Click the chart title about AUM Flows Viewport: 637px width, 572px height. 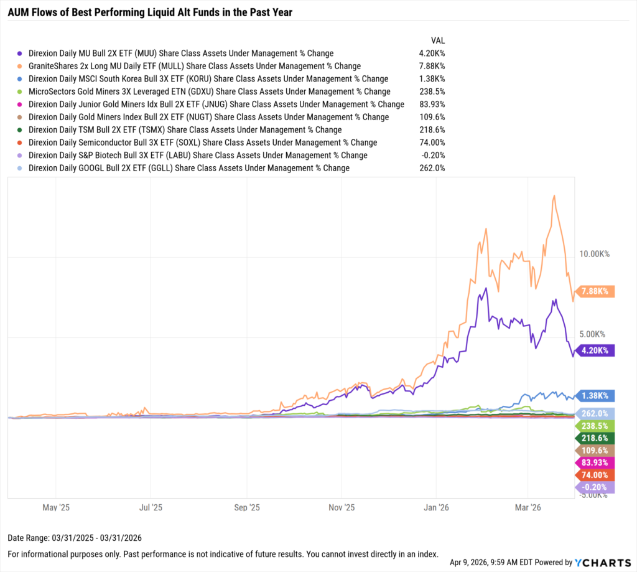point(150,12)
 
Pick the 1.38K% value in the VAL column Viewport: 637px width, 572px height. point(432,79)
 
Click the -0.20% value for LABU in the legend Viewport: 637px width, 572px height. point(432,155)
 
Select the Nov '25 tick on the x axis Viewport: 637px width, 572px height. point(341,507)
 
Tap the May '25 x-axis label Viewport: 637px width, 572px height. point(56,507)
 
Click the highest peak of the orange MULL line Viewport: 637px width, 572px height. point(553,195)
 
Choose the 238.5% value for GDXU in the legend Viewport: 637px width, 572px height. point(432,91)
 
